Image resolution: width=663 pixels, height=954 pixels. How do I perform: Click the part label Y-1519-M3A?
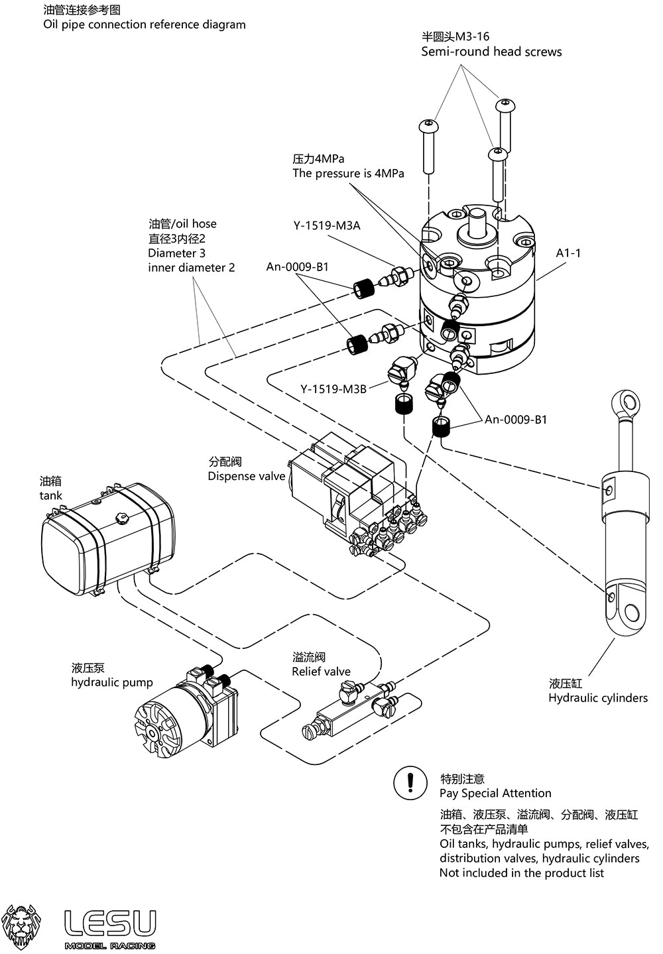tap(327, 225)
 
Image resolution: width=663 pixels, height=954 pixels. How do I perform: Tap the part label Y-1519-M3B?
tap(333, 389)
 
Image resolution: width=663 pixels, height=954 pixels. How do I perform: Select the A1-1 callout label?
tap(568, 253)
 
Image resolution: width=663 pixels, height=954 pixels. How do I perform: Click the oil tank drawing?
tap(106, 537)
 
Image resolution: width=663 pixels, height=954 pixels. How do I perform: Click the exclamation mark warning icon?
tap(410, 782)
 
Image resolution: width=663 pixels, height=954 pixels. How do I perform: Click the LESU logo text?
tap(110, 923)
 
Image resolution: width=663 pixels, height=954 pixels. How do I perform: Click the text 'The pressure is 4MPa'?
tap(348, 173)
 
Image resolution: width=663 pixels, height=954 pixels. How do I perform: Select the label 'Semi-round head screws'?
tap(491, 52)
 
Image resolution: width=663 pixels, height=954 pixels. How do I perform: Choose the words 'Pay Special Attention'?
tap(495, 793)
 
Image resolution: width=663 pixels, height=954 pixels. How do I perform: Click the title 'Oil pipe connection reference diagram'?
tap(145, 25)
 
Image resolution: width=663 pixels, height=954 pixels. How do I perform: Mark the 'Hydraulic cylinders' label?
tap(598, 697)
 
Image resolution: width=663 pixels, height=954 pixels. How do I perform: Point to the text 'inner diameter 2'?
tap(191, 268)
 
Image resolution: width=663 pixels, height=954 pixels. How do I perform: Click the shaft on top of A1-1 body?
tap(478, 224)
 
